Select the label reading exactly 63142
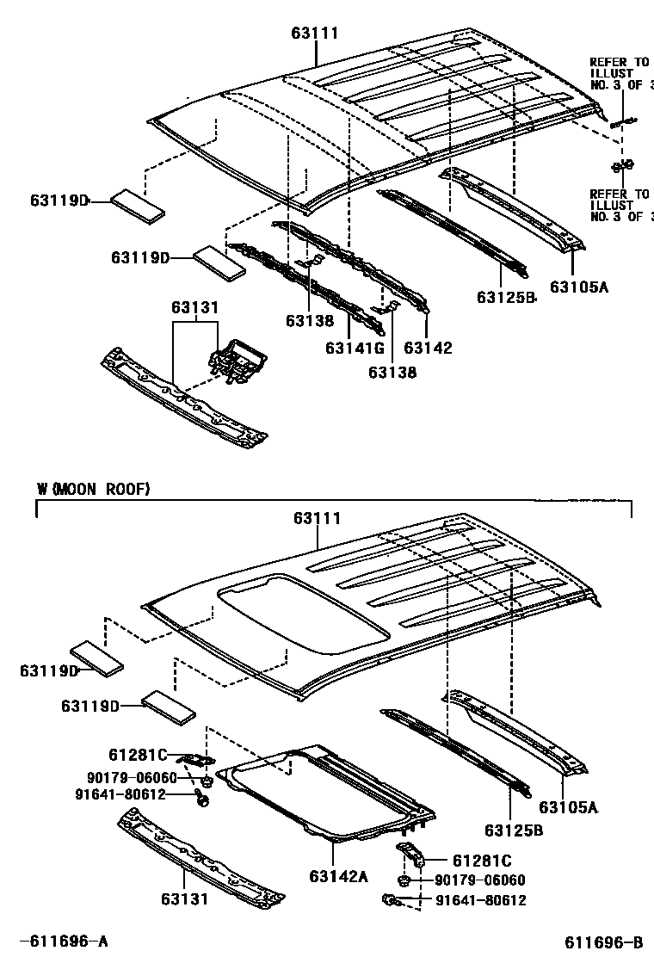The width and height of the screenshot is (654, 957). (428, 348)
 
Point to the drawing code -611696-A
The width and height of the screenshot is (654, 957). (64, 942)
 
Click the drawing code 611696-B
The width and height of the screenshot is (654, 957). (604, 942)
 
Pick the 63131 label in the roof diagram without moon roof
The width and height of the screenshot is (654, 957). (194, 307)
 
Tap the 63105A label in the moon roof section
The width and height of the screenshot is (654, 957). (568, 806)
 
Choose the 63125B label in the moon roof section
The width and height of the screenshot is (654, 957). (513, 830)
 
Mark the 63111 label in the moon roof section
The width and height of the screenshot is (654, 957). (317, 518)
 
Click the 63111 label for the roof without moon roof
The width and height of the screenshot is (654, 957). (314, 33)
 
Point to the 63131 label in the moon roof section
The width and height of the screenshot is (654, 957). (185, 899)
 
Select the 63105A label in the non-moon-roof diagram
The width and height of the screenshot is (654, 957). (579, 287)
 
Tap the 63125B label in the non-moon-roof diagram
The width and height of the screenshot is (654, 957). (506, 298)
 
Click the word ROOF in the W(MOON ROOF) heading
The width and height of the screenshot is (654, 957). (131, 489)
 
